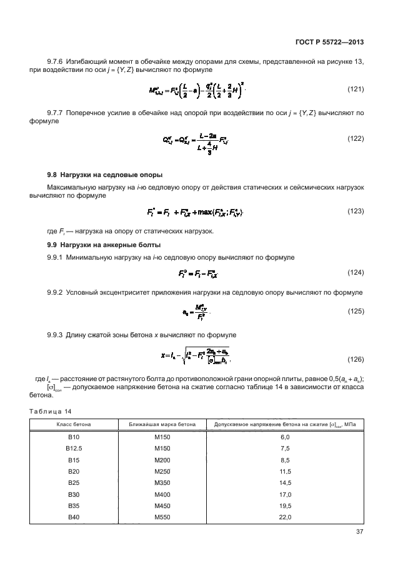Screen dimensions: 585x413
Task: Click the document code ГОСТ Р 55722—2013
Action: (x=329, y=42)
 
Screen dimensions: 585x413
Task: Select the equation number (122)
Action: (x=356, y=138)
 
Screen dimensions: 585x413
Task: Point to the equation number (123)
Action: (x=356, y=211)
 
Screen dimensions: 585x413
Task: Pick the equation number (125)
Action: (x=356, y=310)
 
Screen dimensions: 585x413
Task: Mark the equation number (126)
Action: (x=356, y=359)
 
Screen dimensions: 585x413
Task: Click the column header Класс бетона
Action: (x=74, y=425)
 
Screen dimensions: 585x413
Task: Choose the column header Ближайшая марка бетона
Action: (x=162, y=425)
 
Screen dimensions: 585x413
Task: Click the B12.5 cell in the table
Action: (x=74, y=449)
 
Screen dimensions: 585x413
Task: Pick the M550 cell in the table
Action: (x=162, y=517)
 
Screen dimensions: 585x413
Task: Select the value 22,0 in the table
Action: (x=285, y=517)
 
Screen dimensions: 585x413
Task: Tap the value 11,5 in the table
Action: (x=285, y=471)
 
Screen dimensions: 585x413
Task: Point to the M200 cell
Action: (x=162, y=460)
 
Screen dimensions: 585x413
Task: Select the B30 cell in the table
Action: (x=74, y=494)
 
